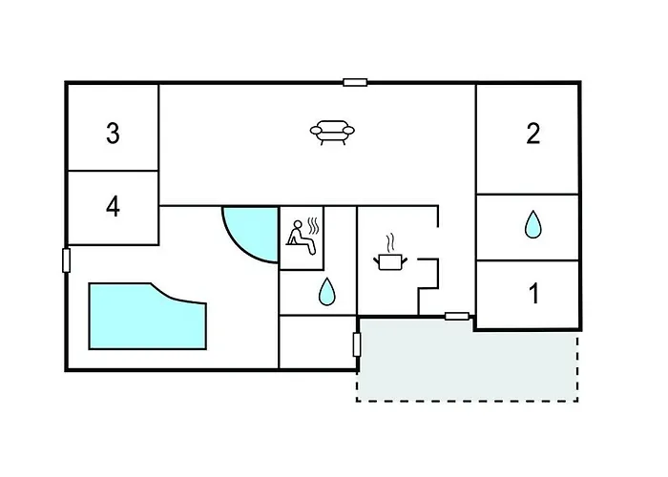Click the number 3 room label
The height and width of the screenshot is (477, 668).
[x=113, y=133]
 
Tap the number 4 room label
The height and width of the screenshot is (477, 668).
[x=113, y=207]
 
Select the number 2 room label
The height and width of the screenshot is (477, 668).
[x=533, y=133]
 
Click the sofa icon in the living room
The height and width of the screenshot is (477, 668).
[x=332, y=132]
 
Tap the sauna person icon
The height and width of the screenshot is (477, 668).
[x=303, y=238]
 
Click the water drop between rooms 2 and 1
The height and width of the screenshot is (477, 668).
[x=532, y=224]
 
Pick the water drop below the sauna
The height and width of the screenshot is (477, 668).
[x=326, y=291]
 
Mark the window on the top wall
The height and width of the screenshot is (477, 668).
[x=355, y=83]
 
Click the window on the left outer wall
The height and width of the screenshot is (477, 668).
[x=66, y=260]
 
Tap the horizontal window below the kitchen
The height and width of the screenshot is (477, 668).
[x=457, y=316]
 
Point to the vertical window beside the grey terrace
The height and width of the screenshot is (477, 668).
[x=357, y=344]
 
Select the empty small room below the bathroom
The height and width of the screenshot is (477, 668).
[x=318, y=342]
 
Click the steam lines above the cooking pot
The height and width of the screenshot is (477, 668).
[x=389, y=243]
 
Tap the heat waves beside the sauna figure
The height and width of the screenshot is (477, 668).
[x=313, y=226]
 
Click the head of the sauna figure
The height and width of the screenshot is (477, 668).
[x=298, y=224]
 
